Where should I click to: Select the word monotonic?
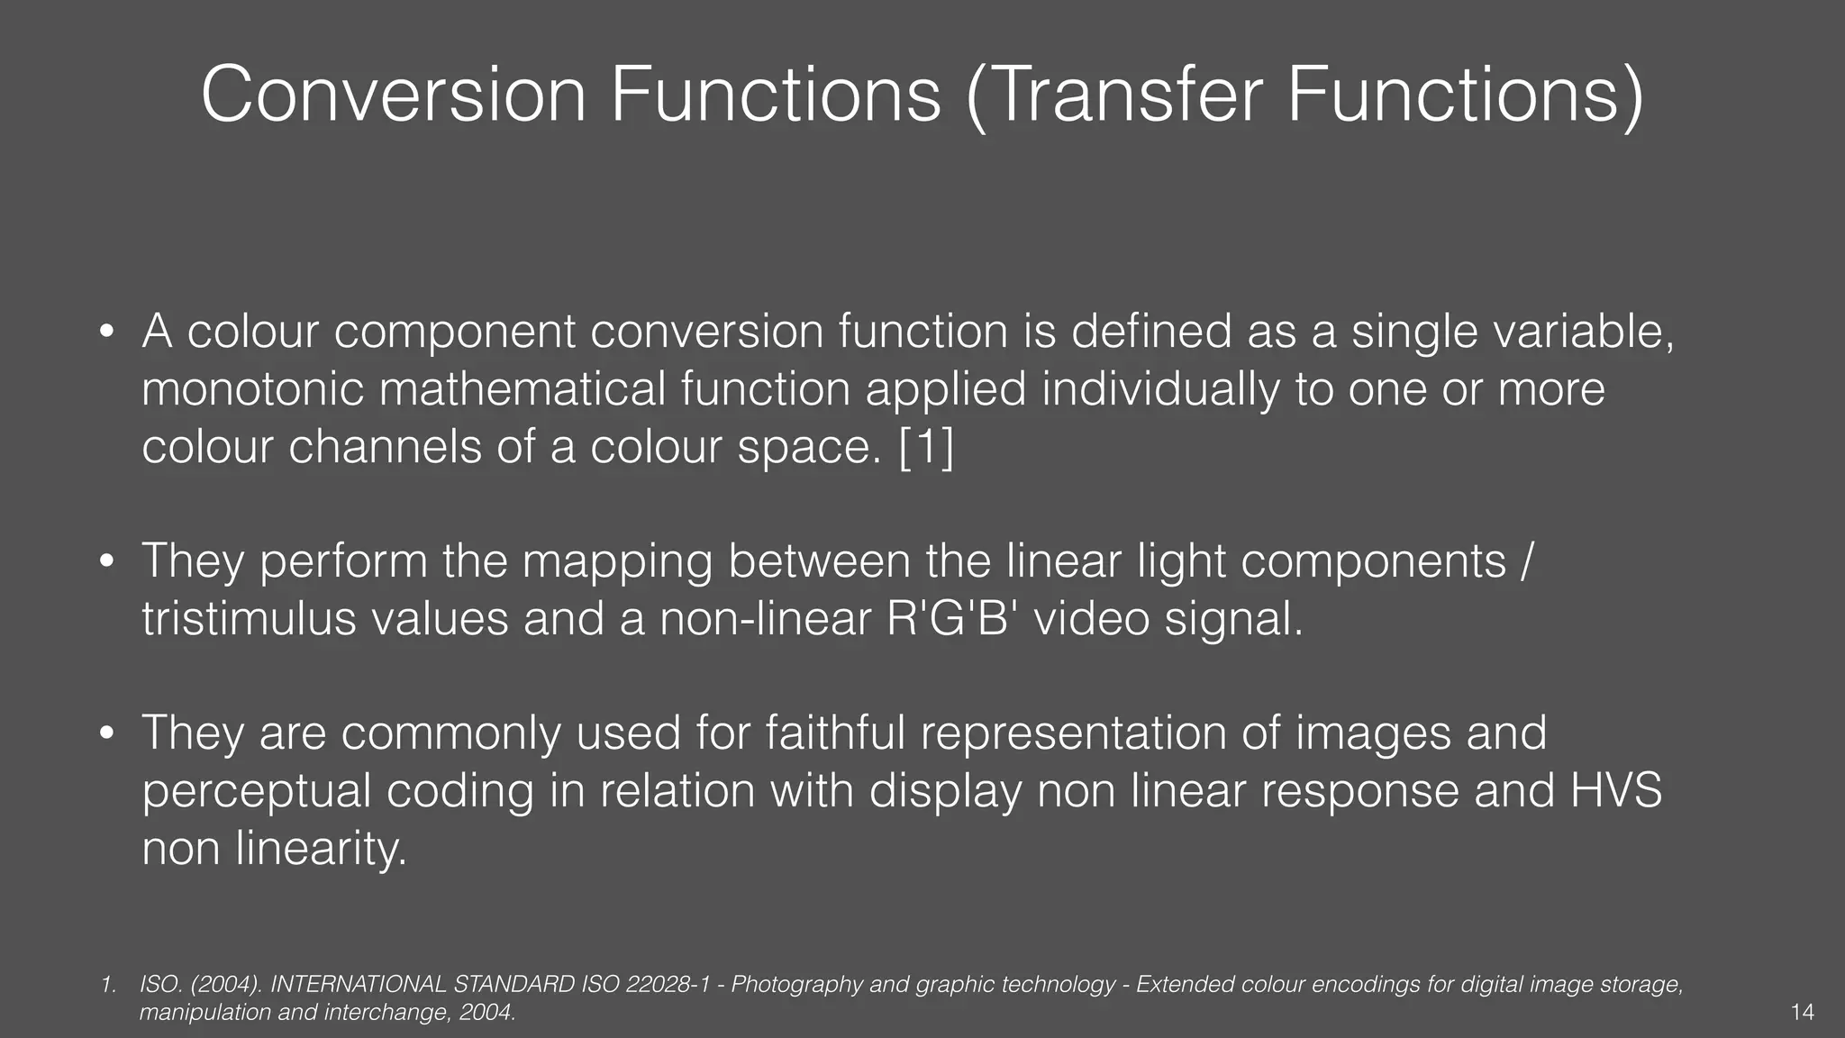coord(253,389)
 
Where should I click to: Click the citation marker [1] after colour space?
coord(926,447)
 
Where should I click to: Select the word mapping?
coord(617,561)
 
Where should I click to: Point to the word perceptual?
coord(257,791)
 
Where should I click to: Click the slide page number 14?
coord(1803,1013)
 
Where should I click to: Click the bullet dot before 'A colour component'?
coord(106,332)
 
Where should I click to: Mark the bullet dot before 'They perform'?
coord(106,562)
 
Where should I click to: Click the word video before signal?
coord(1091,619)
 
